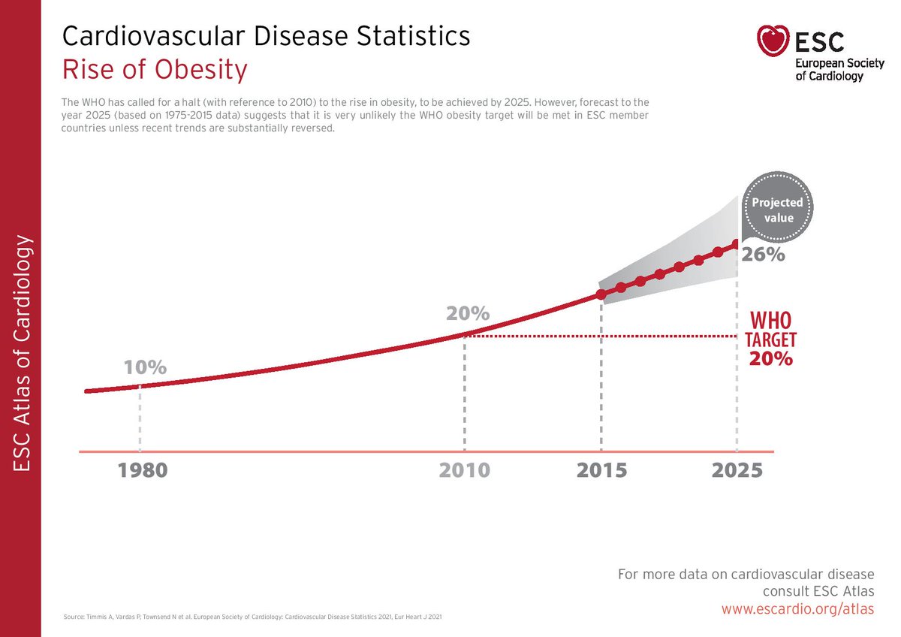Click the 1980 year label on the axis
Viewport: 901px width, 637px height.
pyautogui.click(x=143, y=470)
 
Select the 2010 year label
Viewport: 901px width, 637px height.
pyautogui.click(x=465, y=470)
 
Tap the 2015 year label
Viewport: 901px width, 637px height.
pyautogui.click(x=601, y=470)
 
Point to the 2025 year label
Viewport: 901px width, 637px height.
pyautogui.click(x=737, y=470)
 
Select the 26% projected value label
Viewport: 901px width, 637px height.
pyautogui.click(x=764, y=255)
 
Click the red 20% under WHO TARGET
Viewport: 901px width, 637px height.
pyautogui.click(x=770, y=358)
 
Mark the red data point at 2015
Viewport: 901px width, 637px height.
pyautogui.click(x=601, y=294)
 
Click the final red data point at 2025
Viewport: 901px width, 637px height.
pyautogui.click(x=737, y=243)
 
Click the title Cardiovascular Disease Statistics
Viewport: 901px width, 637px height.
pyautogui.click(x=266, y=35)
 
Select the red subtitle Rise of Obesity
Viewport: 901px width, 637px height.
pyautogui.click(x=154, y=70)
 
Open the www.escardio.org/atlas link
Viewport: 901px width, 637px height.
pyautogui.click(x=797, y=609)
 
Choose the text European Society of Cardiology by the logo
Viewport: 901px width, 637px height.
pyautogui.click(x=835, y=69)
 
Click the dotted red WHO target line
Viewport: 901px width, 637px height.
pyautogui.click(x=601, y=337)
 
